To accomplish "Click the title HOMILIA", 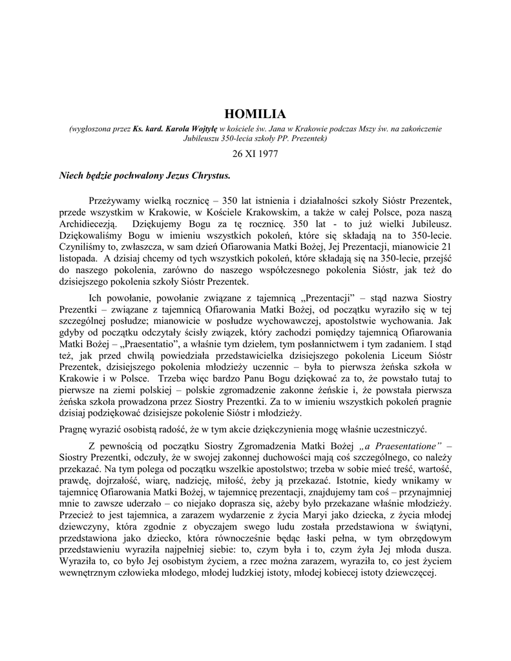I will point(255,114).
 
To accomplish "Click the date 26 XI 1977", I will point(255,155).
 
